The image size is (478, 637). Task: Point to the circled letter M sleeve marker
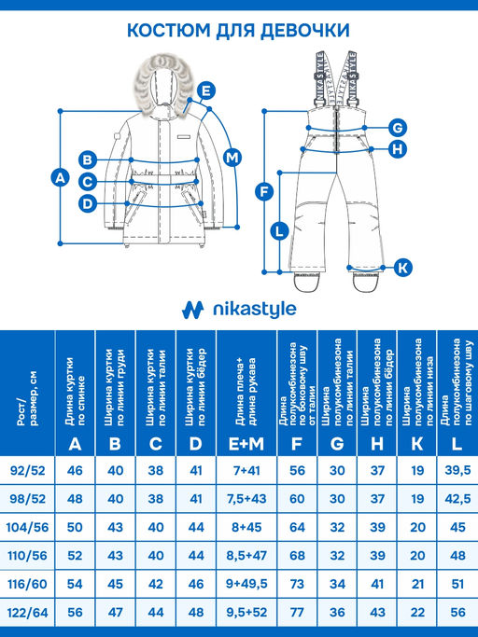point(232,156)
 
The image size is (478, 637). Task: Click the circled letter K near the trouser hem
point(402,268)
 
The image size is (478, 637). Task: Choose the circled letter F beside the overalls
point(264,191)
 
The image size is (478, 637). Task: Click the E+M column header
point(246,444)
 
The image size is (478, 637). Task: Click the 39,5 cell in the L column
point(457,471)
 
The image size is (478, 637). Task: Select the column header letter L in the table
point(457,444)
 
